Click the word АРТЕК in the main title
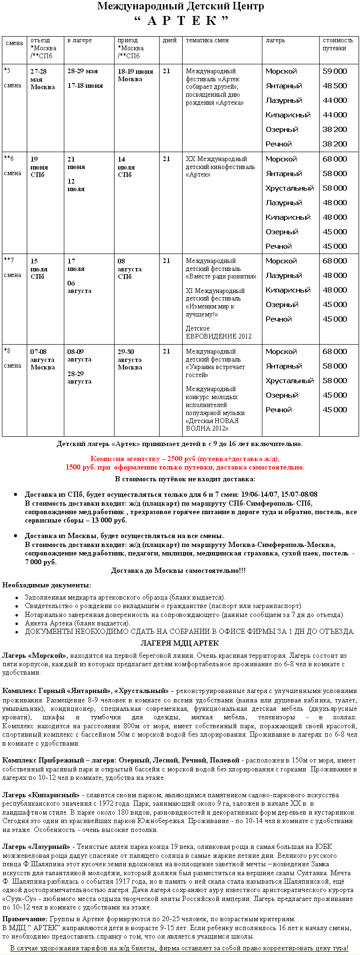click(x=181, y=21)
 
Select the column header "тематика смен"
click(x=207, y=40)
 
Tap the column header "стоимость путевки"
click(x=337, y=44)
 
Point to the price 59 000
click(x=335, y=71)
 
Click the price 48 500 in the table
click(x=335, y=86)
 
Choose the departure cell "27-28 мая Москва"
click(x=42, y=79)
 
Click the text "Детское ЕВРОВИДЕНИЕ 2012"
click(x=218, y=332)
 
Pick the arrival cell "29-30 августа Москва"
click(x=129, y=359)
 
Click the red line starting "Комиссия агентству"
click(x=185, y=459)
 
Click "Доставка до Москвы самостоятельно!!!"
click(x=178, y=570)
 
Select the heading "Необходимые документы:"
click(x=46, y=585)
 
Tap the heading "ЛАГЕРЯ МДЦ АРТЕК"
click(x=180, y=643)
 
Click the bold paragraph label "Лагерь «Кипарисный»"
click(x=41, y=795)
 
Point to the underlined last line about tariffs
click(x=179, y=948)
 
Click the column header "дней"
click(x=169, y=40)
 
